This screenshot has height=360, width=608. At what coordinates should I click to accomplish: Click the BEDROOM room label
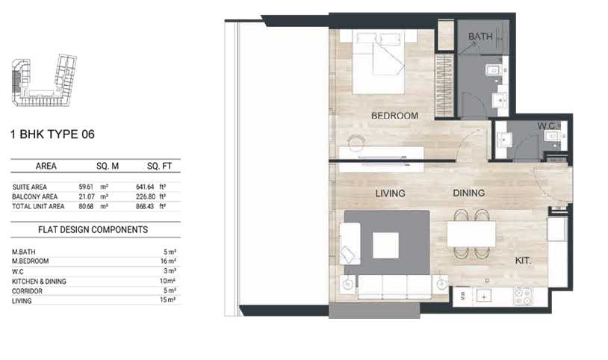pyautogui.click(x=394, y=116)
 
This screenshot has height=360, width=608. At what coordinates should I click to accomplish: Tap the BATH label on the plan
pyautogui.click(x=480, y=37)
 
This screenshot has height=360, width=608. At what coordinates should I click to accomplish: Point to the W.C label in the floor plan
pyautogui.click(x=546, y=125)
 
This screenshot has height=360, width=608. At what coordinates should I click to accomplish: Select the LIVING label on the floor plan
pyautogui.click(x=390, y=193)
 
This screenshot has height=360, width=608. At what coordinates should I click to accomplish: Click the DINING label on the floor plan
pyautogui.click(x=469, y=193)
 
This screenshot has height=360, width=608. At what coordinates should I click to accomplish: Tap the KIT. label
pyautogui.click(x=523, y=261)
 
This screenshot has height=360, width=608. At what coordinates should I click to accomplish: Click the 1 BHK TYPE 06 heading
pyautogui.click(x=52, y=134)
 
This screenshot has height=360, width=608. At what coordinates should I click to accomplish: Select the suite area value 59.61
pyautogui.click(x=86, y=187)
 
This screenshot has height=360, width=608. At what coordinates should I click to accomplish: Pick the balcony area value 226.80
pyautogui.click(x=146, y=196)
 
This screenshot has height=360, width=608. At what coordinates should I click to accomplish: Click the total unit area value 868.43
pyautogui.click(x=145, y=206)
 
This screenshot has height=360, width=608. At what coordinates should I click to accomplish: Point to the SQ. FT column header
pyautogui.click(x=159, y=166)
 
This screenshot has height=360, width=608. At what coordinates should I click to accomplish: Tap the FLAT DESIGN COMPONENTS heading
pyautogui.click(x=93, y=229)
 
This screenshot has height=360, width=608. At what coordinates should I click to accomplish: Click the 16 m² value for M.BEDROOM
pyautogui.click(x=168, y=261)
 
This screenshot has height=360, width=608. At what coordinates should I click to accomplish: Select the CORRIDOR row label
pyautogui.click(x=27, y=291)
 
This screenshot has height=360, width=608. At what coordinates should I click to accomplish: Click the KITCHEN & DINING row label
pyautogui.click(x=39, y=282)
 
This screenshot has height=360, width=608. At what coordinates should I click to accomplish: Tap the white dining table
pyautogui.click(x=471, y=234)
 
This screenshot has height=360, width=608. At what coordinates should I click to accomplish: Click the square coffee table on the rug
pyautogui.click(x=386, y=245)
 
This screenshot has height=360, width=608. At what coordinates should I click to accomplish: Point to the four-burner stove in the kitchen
pyautogui.click(x=523, y=297)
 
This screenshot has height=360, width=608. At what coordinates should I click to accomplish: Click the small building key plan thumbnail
pyautogui.click(x=44, y=81)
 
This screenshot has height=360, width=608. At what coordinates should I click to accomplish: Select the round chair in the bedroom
pyautogui.click(x=356, y=143)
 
